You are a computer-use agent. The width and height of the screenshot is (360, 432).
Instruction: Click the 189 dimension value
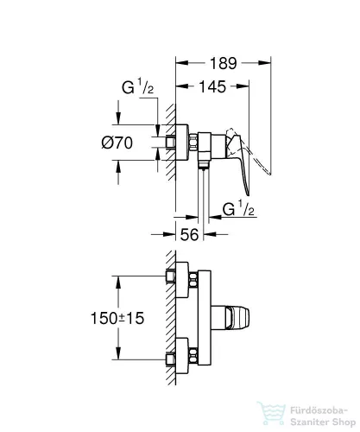tap(224, 63)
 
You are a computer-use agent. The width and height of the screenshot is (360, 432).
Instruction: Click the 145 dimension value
tap(212, 86)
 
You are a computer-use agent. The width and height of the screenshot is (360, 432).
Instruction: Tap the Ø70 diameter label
tap(117, 143)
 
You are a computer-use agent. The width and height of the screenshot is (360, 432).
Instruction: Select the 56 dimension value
tap(189, 234)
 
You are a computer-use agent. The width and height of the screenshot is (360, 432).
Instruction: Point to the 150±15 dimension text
tap(117, 318)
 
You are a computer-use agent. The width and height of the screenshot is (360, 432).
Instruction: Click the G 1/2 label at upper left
tap(137, 86)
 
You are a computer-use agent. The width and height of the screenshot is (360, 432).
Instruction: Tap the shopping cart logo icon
tap(271, 413)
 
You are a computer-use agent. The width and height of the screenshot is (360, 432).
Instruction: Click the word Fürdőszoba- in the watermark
tap(319, 410)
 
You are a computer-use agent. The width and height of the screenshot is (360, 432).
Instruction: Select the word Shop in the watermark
tap(343, 422)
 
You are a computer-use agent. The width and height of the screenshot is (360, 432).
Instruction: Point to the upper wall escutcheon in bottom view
tap(182, 279)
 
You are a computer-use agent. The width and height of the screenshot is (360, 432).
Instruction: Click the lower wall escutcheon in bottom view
tap(182, 356)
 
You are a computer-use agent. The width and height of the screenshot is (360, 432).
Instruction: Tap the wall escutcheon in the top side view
tap(182, 143)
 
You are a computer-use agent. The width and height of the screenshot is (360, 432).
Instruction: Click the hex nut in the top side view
tap(193, 142)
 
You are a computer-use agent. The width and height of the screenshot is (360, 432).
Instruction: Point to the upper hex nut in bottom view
tap(193, 280)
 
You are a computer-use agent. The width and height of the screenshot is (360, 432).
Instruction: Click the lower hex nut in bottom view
tap(193, 356)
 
